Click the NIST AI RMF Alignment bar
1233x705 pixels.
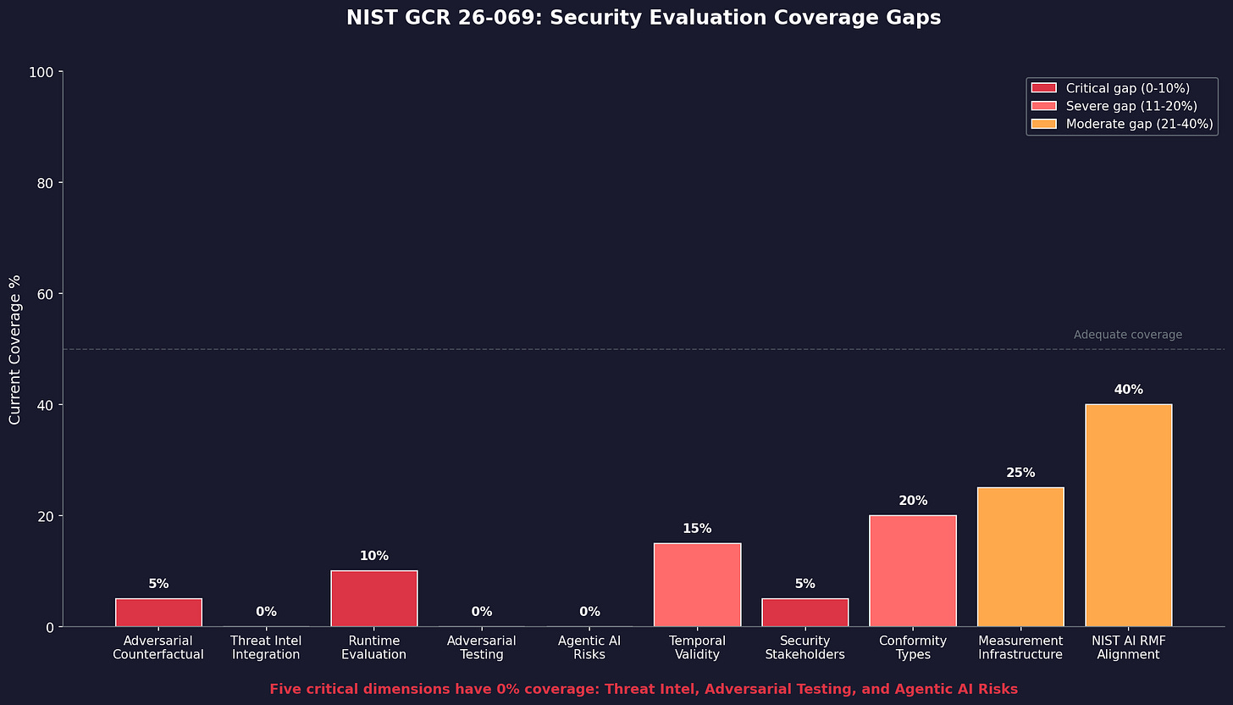click(1128, 515)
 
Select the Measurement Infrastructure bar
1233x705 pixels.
click(1020, 557)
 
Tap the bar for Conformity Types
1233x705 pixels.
click(913, 570)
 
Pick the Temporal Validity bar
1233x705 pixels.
click(697, 585)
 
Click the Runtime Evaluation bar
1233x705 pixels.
click(373, 598)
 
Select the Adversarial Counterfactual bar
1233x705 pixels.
click(158, 613)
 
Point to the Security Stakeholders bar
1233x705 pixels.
click(804, 613)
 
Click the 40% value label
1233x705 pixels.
click(1128, 390)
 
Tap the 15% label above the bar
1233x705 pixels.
click(697, 529)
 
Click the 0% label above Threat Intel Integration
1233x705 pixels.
click(266, 612)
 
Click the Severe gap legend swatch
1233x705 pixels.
click(1044, 106)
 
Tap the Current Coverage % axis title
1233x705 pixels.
click(15, 349)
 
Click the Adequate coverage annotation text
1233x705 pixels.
click(1127, 335)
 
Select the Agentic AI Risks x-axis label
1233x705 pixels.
click(589, 647)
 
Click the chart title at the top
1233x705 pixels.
click(644, 18)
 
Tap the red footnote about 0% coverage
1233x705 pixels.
click(644, 690)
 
